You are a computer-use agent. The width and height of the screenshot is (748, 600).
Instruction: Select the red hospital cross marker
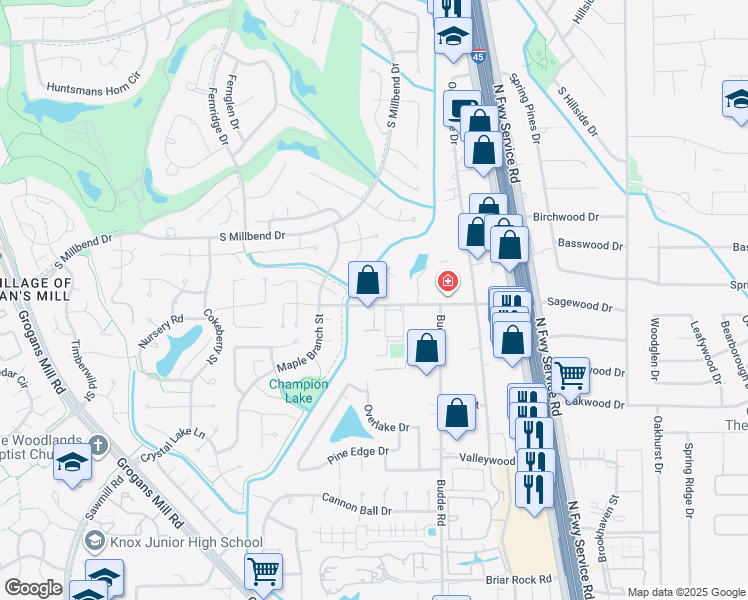pyautogui.click(x=447, y=284)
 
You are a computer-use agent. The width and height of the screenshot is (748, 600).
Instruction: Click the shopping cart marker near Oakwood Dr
pyautogui.click(x=570, y=376)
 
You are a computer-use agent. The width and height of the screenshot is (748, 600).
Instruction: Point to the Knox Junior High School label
pyautogui.click(x=186, y=542)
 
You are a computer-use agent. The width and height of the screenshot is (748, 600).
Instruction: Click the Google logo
pyautogui.click(x=34, y=587)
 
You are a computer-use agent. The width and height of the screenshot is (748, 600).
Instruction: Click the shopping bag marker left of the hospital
pyautogui.click(x=367, y=280)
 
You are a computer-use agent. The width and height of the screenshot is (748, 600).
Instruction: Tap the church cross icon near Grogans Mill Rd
pyautogui.click(x=96, y=444)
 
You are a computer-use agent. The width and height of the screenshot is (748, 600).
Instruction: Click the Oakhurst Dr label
pyautogui.click(x=659, y=442)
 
